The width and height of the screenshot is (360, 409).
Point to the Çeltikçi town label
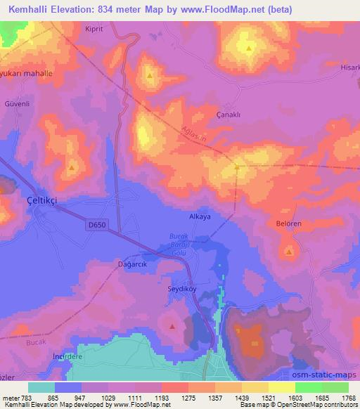tap(42, 200)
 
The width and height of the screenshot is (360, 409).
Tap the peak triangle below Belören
tap(289, 251)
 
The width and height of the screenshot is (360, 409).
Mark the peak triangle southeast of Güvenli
tap(72, 168)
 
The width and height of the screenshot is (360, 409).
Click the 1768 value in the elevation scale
tap(347, 397)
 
